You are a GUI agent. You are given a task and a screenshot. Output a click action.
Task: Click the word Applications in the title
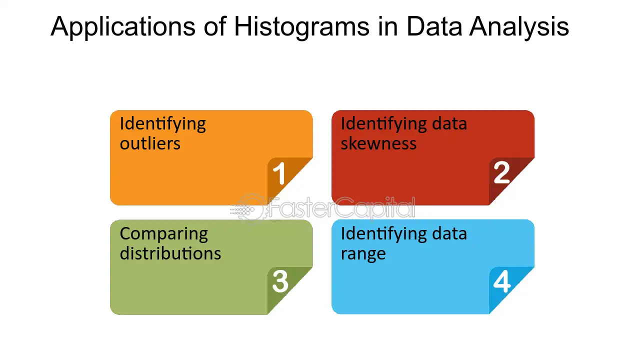[x=123, y=27]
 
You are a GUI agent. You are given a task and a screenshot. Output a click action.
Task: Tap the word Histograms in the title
[x=301, y=27]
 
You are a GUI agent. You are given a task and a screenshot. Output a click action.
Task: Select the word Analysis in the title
[x=519, y=27]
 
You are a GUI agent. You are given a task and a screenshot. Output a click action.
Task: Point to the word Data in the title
[x=434, y=26]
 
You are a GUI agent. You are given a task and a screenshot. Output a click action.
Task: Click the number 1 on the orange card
[x=279, y=173]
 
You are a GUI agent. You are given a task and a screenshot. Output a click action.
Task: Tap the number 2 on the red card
[x=501, y=172]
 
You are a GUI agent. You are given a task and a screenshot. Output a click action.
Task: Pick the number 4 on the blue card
[x=501, y=281]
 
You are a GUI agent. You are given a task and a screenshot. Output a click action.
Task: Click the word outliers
[x=150, y=143]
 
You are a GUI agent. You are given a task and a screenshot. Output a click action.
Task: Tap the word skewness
[x=378, y=143]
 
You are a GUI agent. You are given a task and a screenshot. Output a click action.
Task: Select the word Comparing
[x=163, y=235]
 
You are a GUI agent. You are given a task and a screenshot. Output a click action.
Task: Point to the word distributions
[x=170, y=253]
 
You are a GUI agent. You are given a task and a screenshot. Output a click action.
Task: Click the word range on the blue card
[x=363, y=254]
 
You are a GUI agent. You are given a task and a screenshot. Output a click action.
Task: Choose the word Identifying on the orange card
[x=162, y=124]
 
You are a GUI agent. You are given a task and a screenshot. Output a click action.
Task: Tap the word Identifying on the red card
[x=383, y=124]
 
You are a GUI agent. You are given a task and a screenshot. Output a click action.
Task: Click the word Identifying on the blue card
[x=383, y=234]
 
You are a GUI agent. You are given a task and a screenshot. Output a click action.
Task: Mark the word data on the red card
[x=449, y=123]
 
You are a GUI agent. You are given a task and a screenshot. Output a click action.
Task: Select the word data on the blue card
[x=449, y=233]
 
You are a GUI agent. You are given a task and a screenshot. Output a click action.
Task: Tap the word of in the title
[x=215, y=27]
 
